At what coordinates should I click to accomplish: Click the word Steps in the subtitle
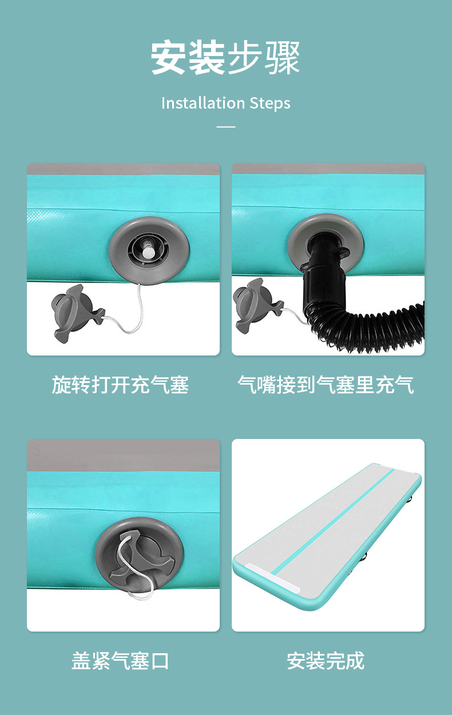pos(270,103)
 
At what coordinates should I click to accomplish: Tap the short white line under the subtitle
pos(226,126)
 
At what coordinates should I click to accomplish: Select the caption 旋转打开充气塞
pos(120,385)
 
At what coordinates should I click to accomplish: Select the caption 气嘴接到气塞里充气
pos(326,385)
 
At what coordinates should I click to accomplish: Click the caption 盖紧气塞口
pos(120,661)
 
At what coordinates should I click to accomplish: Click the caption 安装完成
pos(326,661)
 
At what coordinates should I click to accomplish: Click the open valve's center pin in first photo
pos(148,250)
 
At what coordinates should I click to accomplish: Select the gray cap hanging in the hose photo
pos(255,306)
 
